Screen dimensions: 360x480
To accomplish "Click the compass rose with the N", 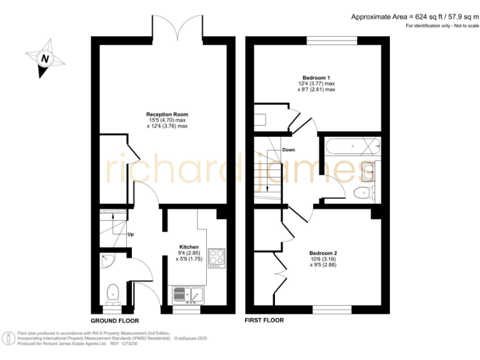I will (x=45, y=59).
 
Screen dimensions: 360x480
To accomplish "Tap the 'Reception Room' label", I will (x=167, y=114).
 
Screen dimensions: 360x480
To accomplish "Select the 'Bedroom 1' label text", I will (x=316, y=77).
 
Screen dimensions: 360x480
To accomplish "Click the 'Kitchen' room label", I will (x=189, y=247).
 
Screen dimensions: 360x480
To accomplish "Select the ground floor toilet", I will (x=113, y=292).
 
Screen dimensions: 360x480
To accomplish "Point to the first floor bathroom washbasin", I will (x=369, y=169).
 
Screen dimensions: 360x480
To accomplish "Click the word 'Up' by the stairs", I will (x=131, y=234).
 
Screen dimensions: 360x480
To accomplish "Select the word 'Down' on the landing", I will (x=288, y=150).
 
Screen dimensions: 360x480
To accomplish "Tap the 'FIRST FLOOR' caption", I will (x=264, y=320).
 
